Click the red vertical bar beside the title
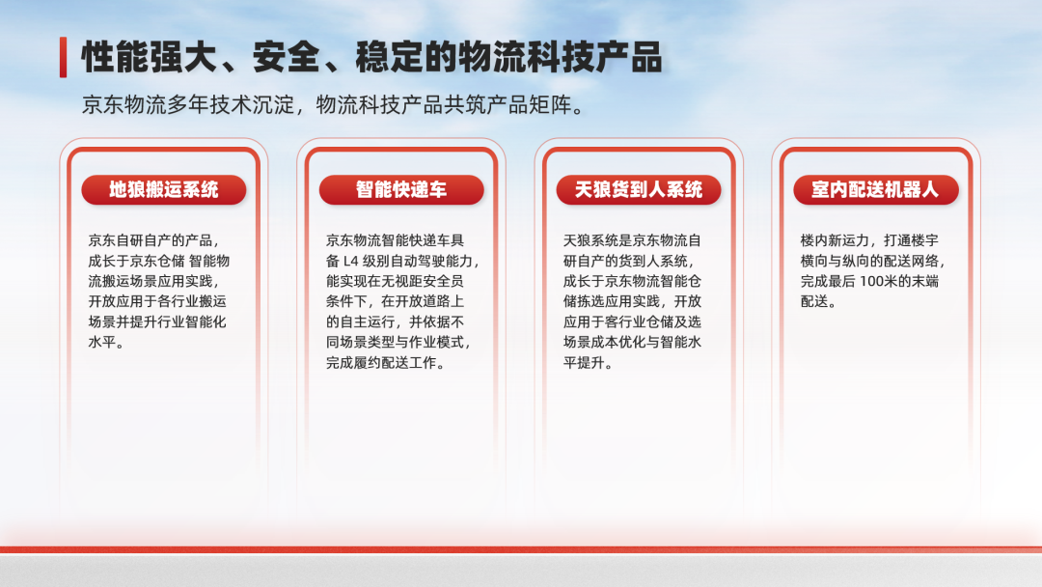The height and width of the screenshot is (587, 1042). click(63, 57)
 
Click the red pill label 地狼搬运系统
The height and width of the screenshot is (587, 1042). click(164, 190)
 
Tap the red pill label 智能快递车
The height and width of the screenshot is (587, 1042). click(401, 190)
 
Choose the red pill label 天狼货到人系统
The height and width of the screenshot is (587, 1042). click(639, 190)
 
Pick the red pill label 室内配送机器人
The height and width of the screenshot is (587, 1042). click(876, 190)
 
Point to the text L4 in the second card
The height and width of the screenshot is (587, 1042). click(351, 262)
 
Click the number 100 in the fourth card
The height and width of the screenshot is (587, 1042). click(872, 281)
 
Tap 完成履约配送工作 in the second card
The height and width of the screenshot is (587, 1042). click(381, 363)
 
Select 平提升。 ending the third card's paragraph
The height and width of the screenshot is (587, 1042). click(589, 363)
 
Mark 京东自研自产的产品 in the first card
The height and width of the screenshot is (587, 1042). click(151, 240)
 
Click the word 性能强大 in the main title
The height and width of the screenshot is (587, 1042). click(150, 57)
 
